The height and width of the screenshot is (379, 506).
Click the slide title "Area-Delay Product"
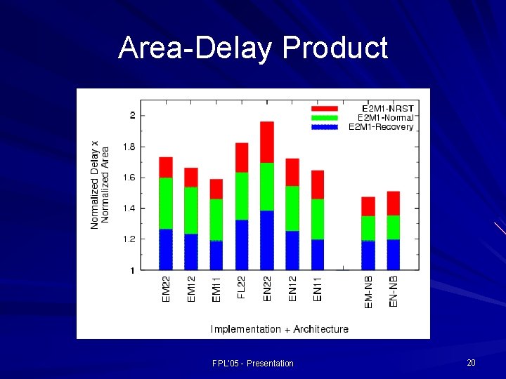(253, 48)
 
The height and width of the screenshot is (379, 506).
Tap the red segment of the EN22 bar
(267, 142)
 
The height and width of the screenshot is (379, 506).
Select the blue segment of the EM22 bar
(166, 249)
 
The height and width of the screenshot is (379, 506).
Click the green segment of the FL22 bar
(242, 196)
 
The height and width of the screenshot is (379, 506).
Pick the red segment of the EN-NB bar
(393, 203)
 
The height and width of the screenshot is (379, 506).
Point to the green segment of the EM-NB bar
(368, 228)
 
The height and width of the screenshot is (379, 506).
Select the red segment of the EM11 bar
(216, 189)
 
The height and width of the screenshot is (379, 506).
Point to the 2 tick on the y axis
(133, 115)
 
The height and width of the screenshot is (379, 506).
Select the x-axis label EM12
(191, 288)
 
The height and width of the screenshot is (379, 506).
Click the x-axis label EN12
(293, 288)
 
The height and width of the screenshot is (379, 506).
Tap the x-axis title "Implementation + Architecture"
(279, 329)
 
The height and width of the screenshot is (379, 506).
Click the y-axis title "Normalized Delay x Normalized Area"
(100, 184)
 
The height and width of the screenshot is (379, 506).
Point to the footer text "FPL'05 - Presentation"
(252, 363)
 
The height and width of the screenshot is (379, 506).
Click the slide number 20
(471, 362)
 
